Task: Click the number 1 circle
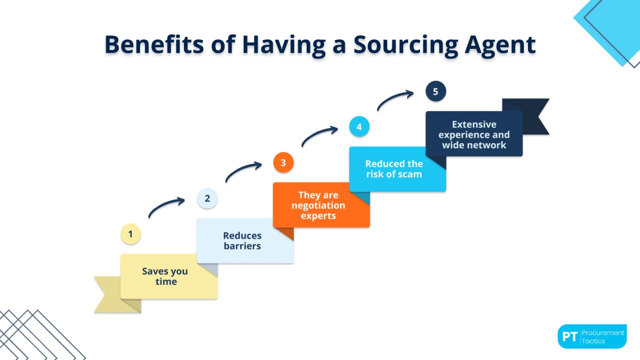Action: coord(131,234)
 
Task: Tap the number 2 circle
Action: coord(207,198)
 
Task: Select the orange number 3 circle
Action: coord(283,162)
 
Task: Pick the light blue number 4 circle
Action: coord(359,127)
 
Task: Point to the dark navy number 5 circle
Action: coord(435,91)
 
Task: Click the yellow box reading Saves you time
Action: coord(169,276)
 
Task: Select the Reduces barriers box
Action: coord(245,240)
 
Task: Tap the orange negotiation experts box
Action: coord(321,205)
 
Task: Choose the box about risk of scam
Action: coord(397,169)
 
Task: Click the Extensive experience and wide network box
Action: coord(474,134)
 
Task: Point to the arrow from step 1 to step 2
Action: coord(166,207)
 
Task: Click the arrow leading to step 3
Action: coord(243,171)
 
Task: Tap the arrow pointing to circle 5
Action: coord(395,100)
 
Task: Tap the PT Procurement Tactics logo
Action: coord(592,336)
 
